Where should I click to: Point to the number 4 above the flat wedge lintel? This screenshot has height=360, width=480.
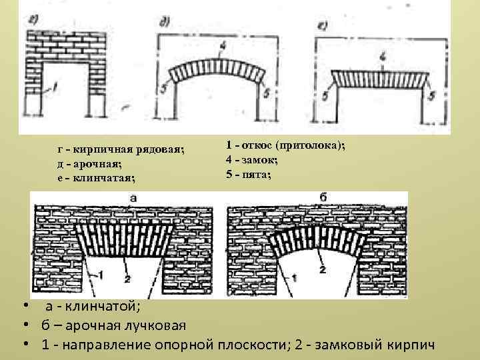pos(382,58)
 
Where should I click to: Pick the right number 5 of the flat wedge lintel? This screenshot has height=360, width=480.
pos(431,95)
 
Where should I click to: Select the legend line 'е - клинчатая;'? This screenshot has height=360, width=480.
pos(96,177)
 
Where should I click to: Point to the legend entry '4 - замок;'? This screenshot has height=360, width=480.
pos(252,160)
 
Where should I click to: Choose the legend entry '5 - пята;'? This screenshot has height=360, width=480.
pos(249,175)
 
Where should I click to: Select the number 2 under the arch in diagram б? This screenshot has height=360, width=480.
pos(322,269)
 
